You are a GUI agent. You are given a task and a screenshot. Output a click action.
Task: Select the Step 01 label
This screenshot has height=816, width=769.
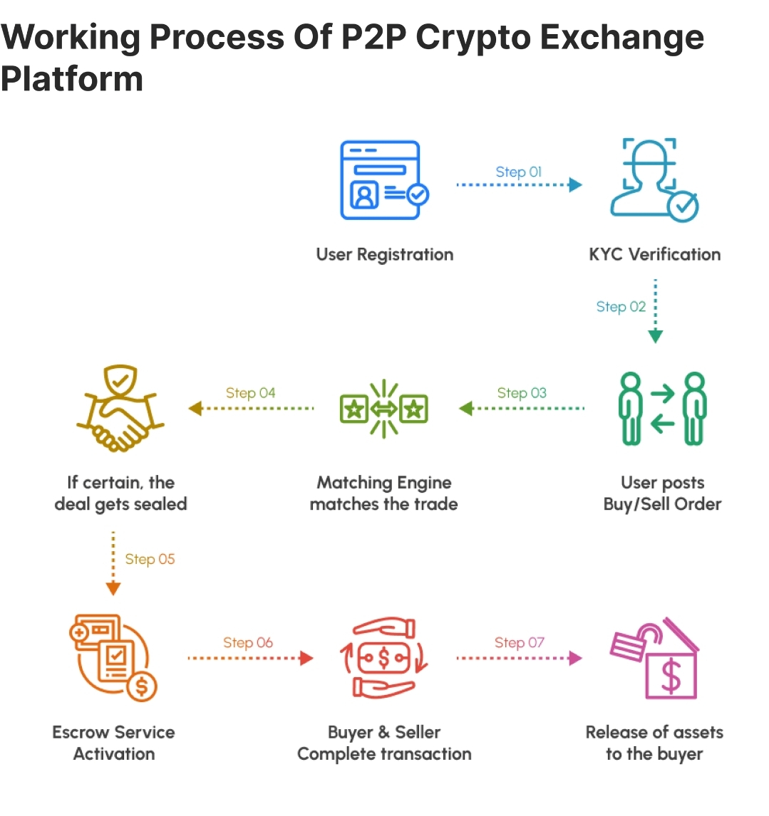(x=518, y=172)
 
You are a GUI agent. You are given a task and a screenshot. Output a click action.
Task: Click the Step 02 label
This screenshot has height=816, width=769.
(x=621, y=307)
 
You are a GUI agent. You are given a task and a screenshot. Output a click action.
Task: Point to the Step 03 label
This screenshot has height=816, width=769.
(x=522, y=393)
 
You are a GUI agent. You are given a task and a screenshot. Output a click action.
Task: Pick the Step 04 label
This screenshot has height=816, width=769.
(x=250, y=393)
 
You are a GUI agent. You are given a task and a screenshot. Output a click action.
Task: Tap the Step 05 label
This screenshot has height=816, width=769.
(x=150, y=559)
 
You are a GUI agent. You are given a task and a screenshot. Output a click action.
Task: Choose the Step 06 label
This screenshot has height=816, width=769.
(x=247, y=642)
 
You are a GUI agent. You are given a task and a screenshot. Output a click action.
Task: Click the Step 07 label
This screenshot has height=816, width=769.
(x=519, y=642)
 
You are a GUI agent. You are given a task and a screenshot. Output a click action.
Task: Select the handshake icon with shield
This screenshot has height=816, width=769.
(x=120, y=409)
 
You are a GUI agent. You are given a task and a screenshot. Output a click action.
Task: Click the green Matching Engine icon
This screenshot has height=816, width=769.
(x=384, y=409)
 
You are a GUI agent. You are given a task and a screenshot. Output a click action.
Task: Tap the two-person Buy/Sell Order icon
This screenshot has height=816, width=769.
(x=661, y=409)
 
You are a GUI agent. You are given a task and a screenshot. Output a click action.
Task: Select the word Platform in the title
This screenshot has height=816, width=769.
(x=72, y=78)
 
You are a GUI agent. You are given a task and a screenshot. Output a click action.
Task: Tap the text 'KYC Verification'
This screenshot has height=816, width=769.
(x=654, y=254)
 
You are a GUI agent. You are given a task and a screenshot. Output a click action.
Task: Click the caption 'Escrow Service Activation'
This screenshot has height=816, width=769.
(x=113, y=743)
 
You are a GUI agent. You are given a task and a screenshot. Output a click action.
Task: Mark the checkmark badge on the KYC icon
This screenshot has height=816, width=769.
(x=682, y=206)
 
